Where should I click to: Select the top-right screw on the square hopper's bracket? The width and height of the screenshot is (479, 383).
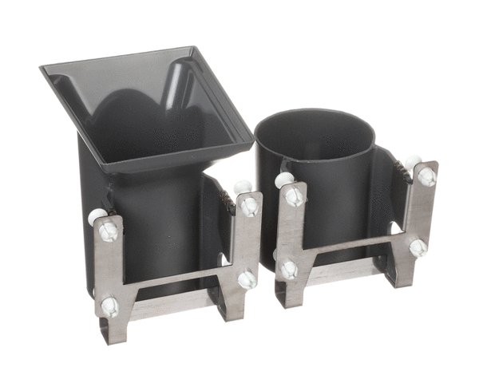(x=250, y=207)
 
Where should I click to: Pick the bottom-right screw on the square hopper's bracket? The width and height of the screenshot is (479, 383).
(x=247, y=279)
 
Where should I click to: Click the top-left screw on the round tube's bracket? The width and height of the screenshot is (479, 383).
(x=295, y=195)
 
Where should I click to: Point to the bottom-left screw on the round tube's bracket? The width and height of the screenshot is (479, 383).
(x=289, y=270)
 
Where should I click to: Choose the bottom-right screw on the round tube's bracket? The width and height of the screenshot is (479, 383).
(x=418, y=247)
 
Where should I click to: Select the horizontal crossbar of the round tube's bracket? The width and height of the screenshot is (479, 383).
(x=351, y=252)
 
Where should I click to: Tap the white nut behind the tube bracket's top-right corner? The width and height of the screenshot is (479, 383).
(x=413, y=162)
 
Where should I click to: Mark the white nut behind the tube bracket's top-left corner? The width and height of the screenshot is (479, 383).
(x=283, y=180)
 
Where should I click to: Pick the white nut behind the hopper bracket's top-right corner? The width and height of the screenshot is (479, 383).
(x=242, y=188)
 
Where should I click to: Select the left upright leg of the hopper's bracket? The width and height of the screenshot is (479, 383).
(x=109, y=271)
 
